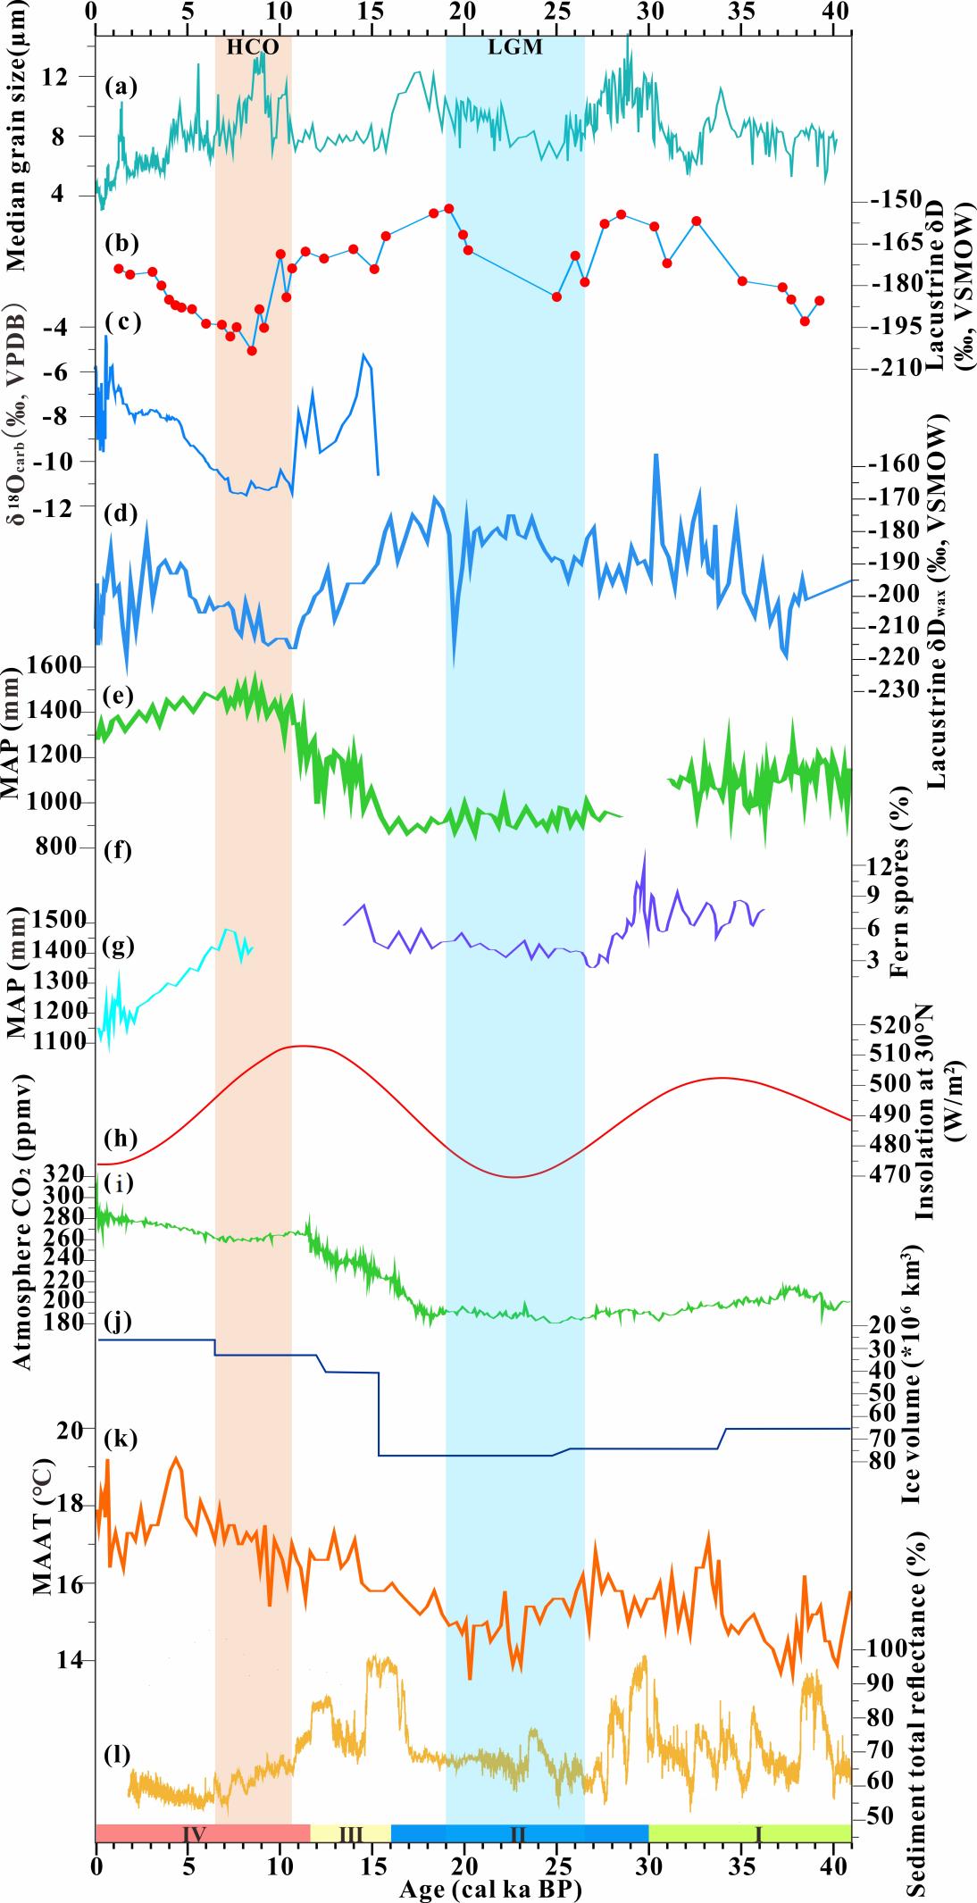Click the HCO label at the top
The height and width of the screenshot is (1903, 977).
(x=253, y=48)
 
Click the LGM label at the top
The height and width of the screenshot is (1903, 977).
(x=515, y=48)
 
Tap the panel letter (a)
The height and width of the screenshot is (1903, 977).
(x=120, y=87)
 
